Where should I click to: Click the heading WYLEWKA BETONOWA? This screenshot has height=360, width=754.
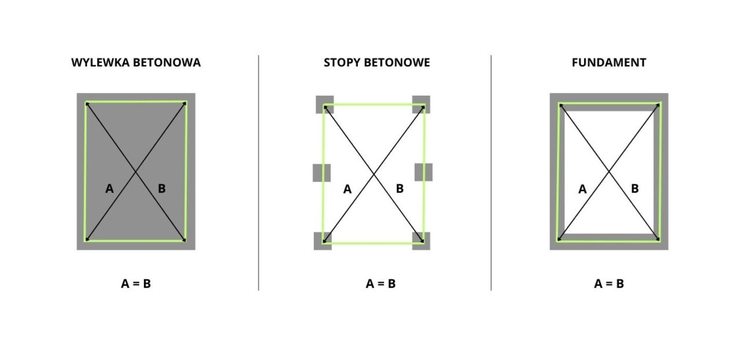click(136, 63)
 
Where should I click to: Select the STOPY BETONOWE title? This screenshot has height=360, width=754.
click(376, 63)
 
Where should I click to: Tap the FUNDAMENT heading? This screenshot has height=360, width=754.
click(609, 63)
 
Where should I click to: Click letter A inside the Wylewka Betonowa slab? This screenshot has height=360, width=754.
click(110, 189)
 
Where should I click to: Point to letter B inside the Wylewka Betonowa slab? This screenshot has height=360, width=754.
click(162, 189)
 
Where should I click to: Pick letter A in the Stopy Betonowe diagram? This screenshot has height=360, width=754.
click(347, 189)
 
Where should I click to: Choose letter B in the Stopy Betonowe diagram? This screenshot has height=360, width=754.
click(400, 189)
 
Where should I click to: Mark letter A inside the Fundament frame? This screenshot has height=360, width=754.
click(583, 189)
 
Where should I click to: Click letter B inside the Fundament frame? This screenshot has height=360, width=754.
click(635, 189)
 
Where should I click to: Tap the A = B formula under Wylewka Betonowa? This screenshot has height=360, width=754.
click(136, 283)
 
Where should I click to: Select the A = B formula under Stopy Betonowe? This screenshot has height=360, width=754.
click(380, 283)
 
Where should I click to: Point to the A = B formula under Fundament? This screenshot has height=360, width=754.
click(609, 283)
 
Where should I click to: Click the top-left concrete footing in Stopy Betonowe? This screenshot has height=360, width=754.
click(325, 104)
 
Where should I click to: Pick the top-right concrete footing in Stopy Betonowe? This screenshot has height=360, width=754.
click(421, 104)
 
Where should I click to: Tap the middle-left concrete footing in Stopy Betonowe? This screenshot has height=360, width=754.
click(322, 173)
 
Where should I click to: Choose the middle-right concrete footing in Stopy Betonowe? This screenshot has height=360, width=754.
click(423, 172)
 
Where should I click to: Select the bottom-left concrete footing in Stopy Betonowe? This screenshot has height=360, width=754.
click(323, 241)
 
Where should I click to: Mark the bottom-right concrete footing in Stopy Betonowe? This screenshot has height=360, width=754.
click(421, 241)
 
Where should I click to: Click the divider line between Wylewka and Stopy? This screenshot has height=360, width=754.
click(259, 173)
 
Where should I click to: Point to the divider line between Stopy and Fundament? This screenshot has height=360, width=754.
click(491, 173)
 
